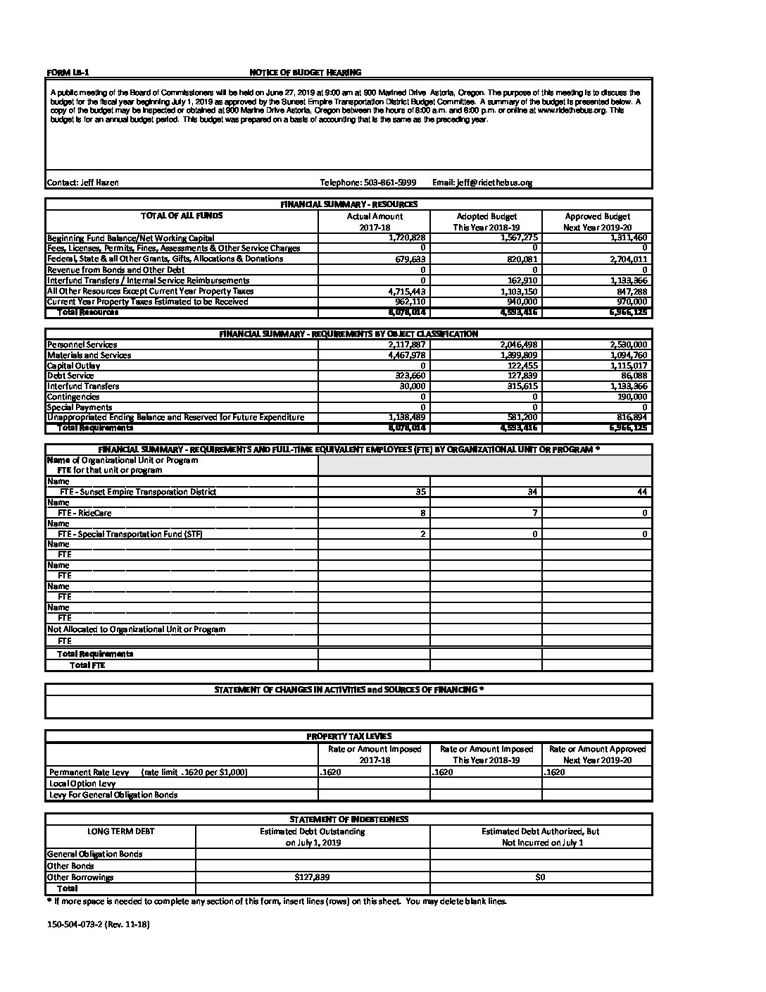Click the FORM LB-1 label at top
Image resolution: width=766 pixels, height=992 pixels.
(x=68, y=73)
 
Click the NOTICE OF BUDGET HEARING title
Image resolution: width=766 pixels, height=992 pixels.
(x=306, y=73)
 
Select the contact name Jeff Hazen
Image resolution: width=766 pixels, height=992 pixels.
(x=83, y=182)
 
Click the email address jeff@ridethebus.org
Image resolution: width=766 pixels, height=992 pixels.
(x=482, y=182)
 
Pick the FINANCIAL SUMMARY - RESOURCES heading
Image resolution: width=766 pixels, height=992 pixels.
(x=349, y=204)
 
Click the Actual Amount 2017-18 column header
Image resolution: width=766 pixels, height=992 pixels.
(x=375, y=222)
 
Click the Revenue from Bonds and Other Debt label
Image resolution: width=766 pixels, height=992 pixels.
(x=115, y=270)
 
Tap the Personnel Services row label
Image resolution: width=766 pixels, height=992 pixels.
(x=82, y=345)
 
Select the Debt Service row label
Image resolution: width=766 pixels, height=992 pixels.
(x=70, y=376)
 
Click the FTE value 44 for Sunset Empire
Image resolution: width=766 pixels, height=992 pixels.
(x=642, y=492)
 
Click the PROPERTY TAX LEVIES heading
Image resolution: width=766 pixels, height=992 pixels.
(x=349, y=736)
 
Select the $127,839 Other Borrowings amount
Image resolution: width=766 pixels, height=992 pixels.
(x=312, y=878)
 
